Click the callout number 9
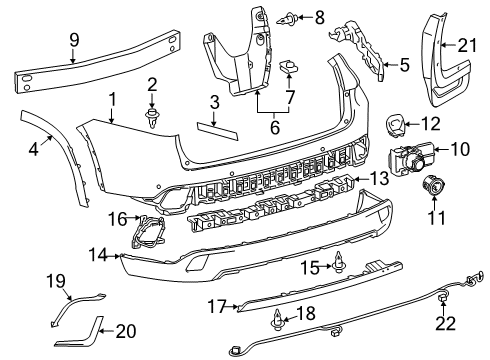pyautogui.click(x=72, y=39)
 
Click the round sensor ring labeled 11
pyautogui.click(x=437, y=185)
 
